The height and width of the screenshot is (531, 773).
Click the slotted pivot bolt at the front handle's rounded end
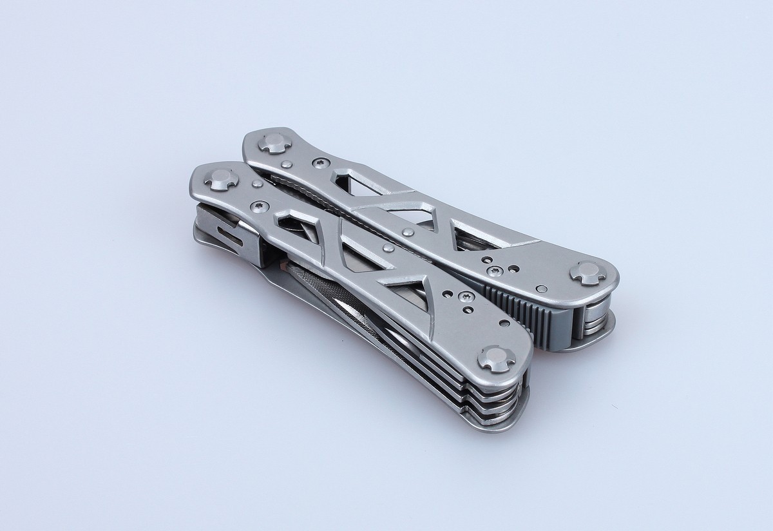pyautogui.click(x=497, y=358)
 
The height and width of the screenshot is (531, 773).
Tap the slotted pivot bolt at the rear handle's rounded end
pyautogui.click(x=588, y=272)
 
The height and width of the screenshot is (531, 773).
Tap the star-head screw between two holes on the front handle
pyautogui.click(x=466, y=296)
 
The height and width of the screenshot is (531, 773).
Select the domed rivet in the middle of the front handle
pyautogui.click(x=388, y=248)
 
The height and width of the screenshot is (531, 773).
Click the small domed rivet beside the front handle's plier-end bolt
pyautogui.click(x=257, y=184)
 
